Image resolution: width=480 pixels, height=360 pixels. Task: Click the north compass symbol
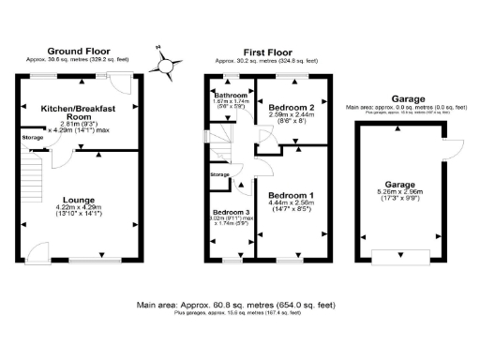(167, 66)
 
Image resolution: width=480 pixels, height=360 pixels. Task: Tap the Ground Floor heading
(78, 52)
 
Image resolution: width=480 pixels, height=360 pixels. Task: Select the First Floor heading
(267, 52)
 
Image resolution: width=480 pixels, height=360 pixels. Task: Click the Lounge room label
(78, 200)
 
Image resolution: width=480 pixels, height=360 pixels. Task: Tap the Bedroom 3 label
(227, 212)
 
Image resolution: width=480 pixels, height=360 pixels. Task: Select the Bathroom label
(230, 96)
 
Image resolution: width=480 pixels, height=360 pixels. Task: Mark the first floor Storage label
(219, 174)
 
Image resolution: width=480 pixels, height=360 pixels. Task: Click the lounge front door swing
(38, 250)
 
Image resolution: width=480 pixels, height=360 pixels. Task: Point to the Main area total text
(233, 305)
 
